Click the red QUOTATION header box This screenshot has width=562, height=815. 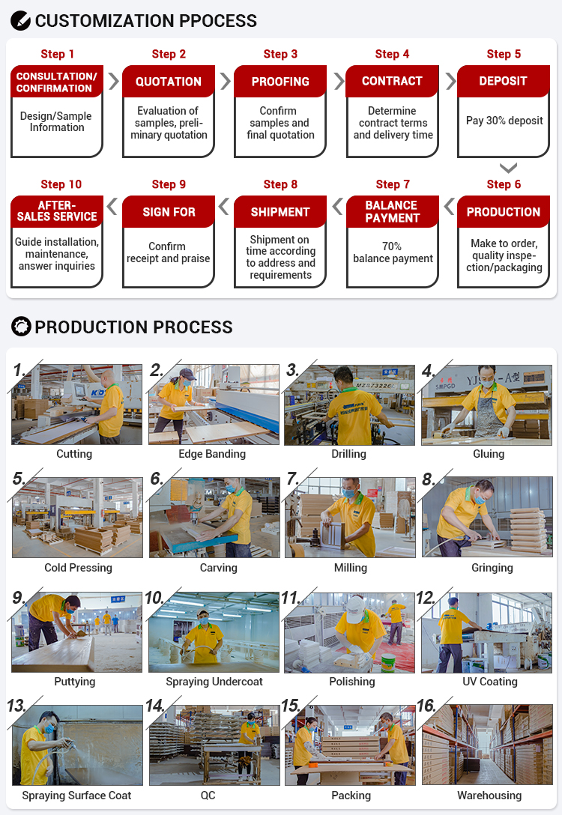pyautogui.click(x=169, y=81)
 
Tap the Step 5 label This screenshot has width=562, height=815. pyautogui.click(x=504, y=54)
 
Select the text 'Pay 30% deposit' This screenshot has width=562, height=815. pyautogui.click(x=504, y=121)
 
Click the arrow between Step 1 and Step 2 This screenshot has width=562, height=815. pyautogui.click(x=113, y=81)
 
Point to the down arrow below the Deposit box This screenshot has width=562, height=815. pyautogui.click(x=508, y=168)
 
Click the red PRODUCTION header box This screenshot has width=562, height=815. pyautogui.click(x=504, y=211)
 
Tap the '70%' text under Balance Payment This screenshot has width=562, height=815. pyautogui.click(x=391, y=246)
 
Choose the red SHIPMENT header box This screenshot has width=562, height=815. pyautogui.click(x=280, y=211)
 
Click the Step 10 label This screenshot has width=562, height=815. pyautogui.click(x=61, y=184)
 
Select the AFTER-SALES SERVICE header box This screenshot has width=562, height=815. pyautogui.click(x=57, y=211)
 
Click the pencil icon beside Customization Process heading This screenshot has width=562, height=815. pyautogui.click(x=21, y=21)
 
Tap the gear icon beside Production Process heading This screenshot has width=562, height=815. pyautogui.click(x=21, y=327)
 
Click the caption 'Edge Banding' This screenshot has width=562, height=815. pyautogui.click(x=212, y=454)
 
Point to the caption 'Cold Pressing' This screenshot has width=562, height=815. pyautogui.click(x=78, y=568)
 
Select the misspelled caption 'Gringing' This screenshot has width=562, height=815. pyautogui.click(x=492, y=568)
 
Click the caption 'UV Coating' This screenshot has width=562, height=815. pyautogui.click(x=490, y=682)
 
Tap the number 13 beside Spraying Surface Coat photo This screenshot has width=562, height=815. pyautogui.click(x=16, y=706)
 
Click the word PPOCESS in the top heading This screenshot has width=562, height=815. pyautogui.click(x=218, y=21)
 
